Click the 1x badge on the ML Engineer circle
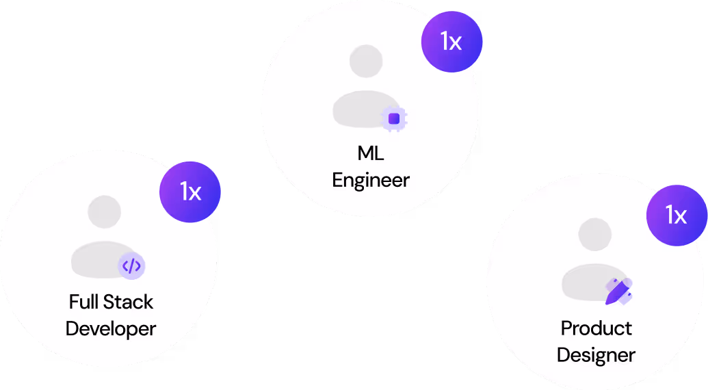pos(451,42)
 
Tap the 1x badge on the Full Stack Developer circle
pos(190,192)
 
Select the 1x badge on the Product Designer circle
pos(677,216)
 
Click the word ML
pos(371,153)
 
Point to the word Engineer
pos(371,180)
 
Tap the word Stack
pos(129,302)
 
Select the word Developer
pos(111,328)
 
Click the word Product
pos(596,328)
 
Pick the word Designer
pos(596,356)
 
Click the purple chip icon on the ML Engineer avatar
pos(394,119)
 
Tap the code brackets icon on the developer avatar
pos(131,265)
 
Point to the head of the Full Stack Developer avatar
pos(105,211)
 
